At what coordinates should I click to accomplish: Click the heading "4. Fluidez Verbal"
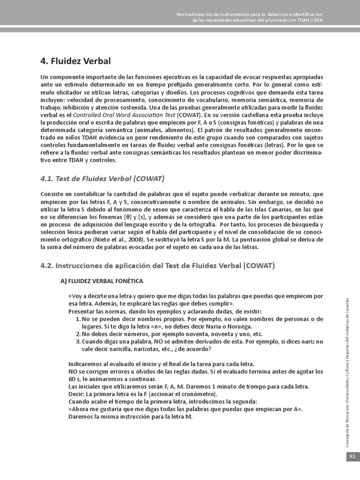[x=76, y=61]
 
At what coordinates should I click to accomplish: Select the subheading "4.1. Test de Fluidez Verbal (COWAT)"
[x=102, y=179]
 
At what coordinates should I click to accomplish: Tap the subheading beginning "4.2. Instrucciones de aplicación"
[x=157, y=265]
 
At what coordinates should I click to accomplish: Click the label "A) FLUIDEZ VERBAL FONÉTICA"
[x=102, y=281]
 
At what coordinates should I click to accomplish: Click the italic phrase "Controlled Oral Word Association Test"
[x=124, y=115]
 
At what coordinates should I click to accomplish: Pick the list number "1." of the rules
[x=78, y=319]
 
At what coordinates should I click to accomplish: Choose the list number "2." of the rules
[x=78, y=334]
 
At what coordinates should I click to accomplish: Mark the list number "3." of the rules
[x=78, y=342]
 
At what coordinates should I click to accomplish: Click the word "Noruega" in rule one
[x=240, y=327]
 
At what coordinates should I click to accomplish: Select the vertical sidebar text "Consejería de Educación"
[x=347, y=422]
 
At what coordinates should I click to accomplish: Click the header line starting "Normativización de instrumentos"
[x=249, y=15]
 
